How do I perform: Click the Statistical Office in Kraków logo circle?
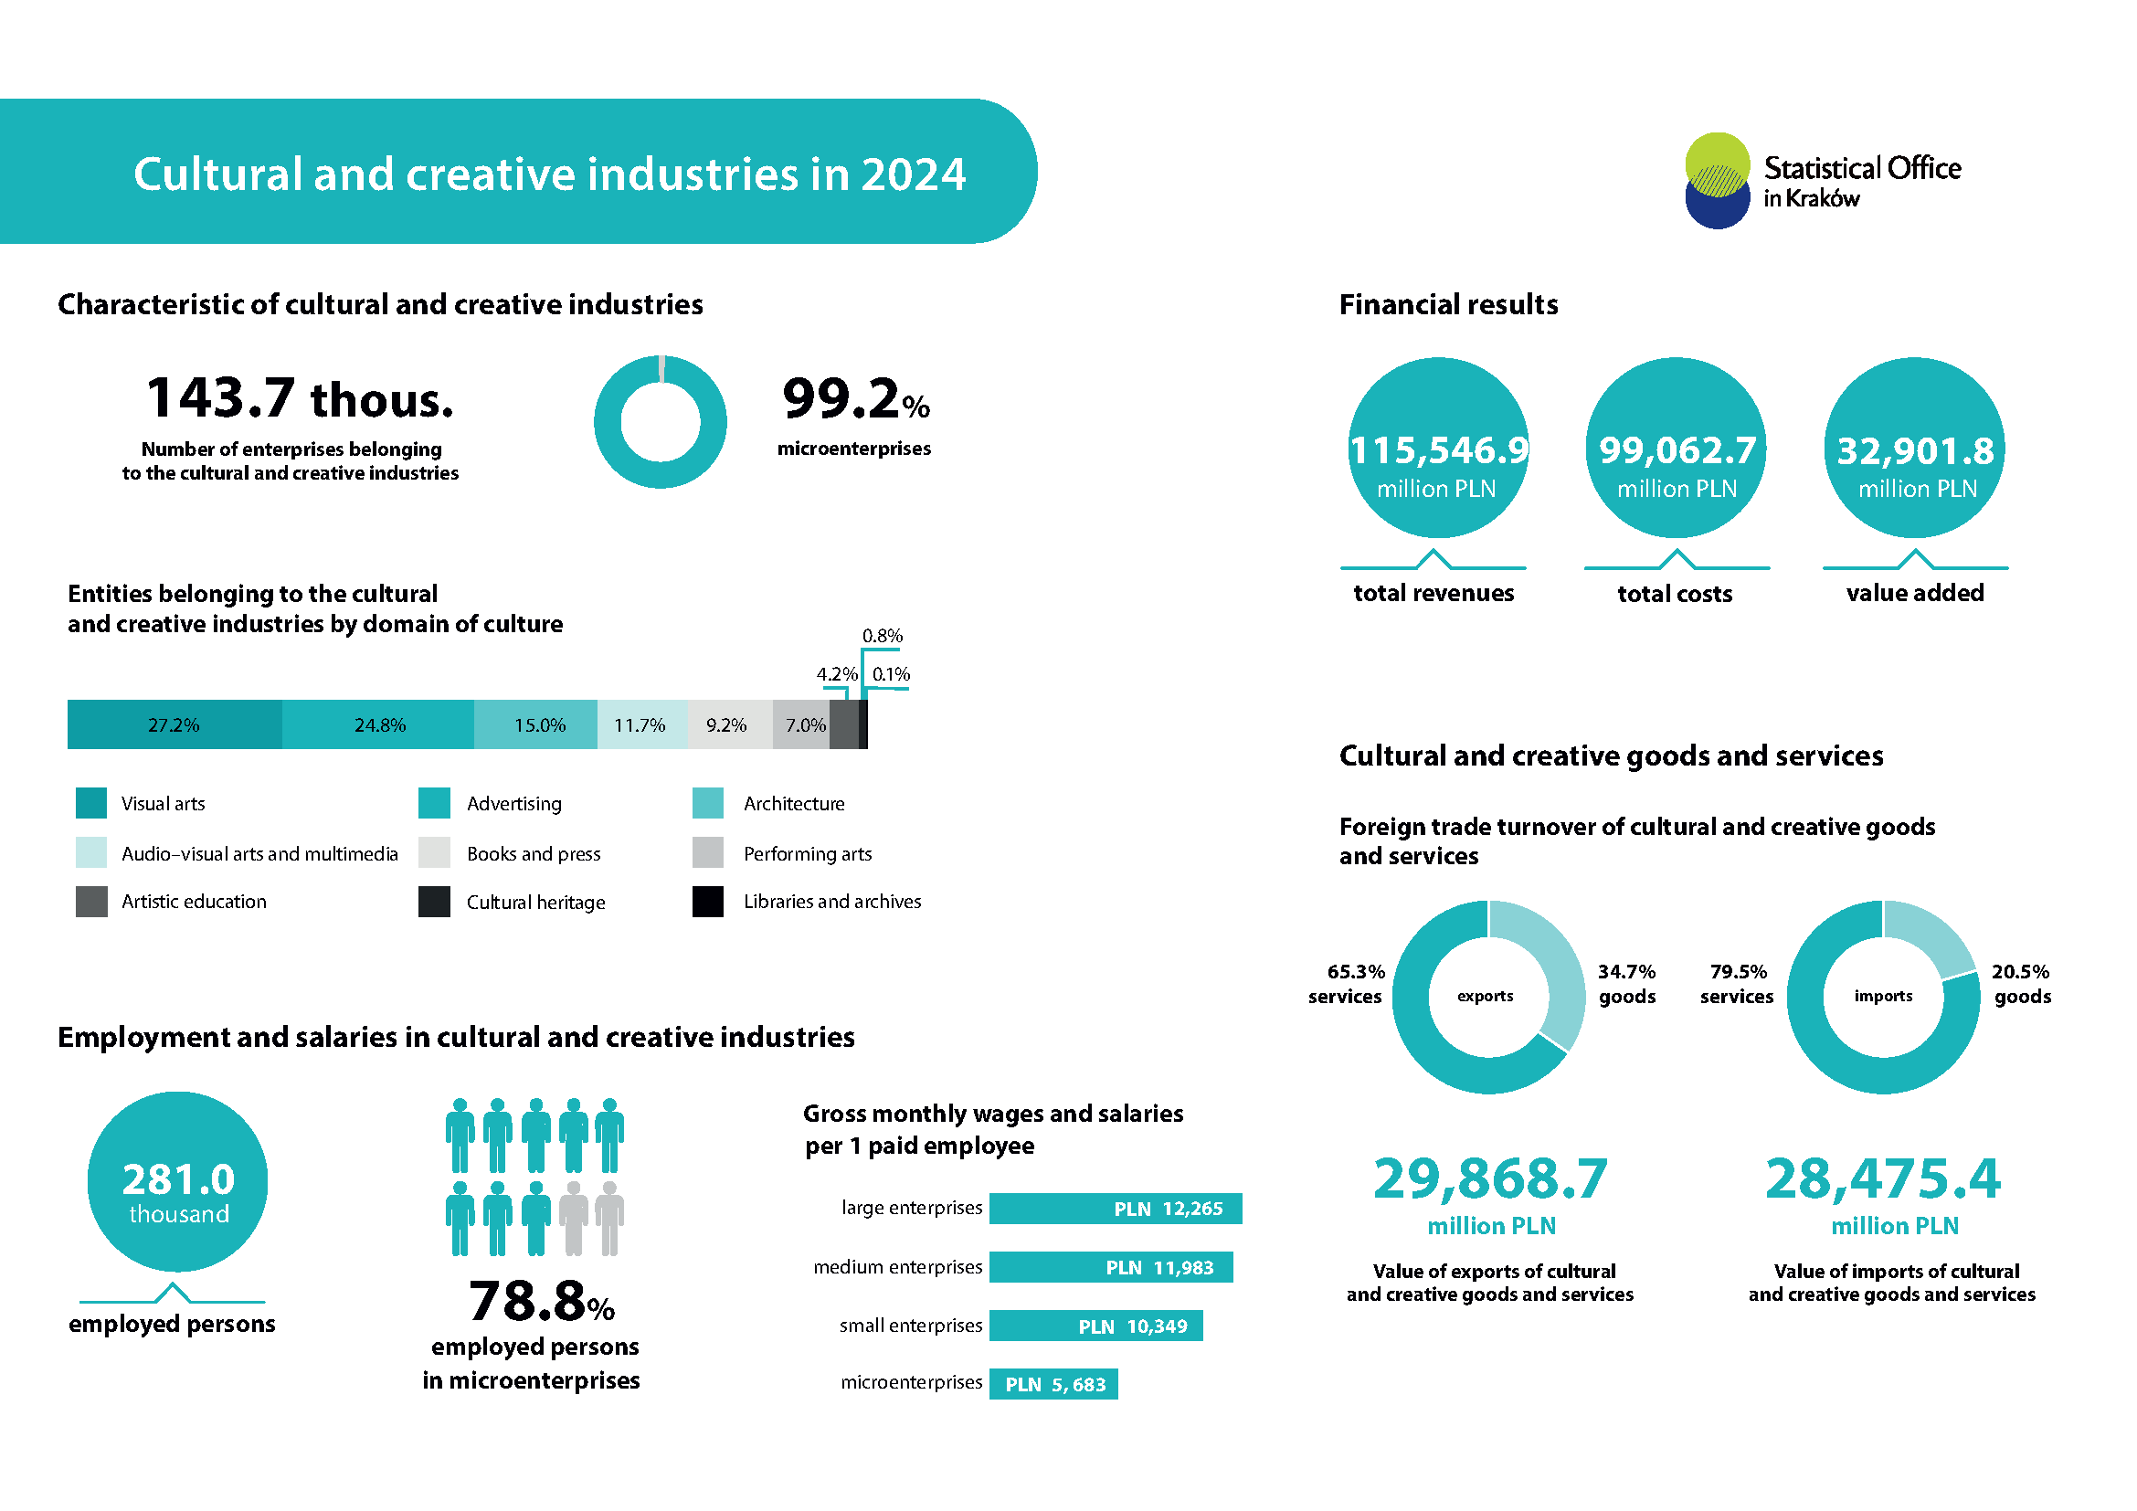click(x=1718, y=181)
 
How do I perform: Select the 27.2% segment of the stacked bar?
click(x=175, y=724)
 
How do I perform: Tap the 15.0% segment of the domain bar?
click(x=535, y=724)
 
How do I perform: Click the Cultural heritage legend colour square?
click(x=434, y=902)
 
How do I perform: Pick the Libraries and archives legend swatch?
click(x=707, y=902)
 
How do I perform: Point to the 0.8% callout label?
click(x=883, y=636)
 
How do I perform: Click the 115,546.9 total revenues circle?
click(x=1438, y=448)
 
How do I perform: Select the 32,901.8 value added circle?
click(x=1915, y=448)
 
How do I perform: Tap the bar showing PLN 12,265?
click(x=1115, y=1209)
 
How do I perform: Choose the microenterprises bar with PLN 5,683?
click(x=1053, y=1384)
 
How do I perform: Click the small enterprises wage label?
click(x=910, y=1326)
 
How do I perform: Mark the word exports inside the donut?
click(x=1486, y=996)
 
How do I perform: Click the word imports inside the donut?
click(x=1883, y=996)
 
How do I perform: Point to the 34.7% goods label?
click(x=1627, y=985)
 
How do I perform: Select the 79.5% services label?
click(x=1737, y=985)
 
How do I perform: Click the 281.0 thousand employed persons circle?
click(x=178, y=1181)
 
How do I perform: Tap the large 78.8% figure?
click(x=542, y=1301)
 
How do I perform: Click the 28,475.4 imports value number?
click(x=1883, y=1178)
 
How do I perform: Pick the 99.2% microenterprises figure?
click(x=855, y=398)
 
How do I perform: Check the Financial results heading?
click(x=1448, y=304)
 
